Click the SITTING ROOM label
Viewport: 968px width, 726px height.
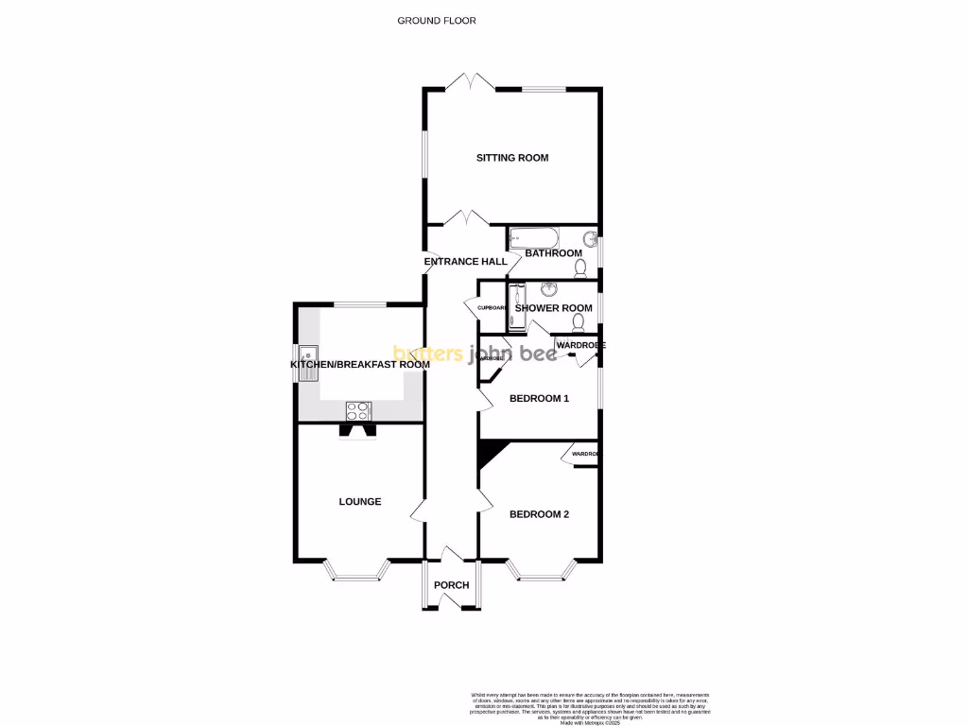click(512, 158)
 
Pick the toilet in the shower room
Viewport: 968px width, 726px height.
click(579, 321)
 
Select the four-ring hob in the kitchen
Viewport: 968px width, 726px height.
click(358, 410)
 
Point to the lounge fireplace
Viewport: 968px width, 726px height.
click(358, 431)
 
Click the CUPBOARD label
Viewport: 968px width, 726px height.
click(492, 308)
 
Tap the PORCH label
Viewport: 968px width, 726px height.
click(452, 585)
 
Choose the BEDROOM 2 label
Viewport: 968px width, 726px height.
click(539, 514)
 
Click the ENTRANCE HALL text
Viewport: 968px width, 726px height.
click(465, 261)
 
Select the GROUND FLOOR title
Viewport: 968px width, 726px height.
click(437, 20)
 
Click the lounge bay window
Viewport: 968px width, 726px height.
click(356, 570)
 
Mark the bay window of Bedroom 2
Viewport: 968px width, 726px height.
click(542, 570)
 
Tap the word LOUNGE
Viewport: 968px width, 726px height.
click(360, 501)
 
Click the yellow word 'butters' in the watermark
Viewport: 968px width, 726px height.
click(427, 354)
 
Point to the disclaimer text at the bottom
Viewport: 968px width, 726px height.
click(590, 706)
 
